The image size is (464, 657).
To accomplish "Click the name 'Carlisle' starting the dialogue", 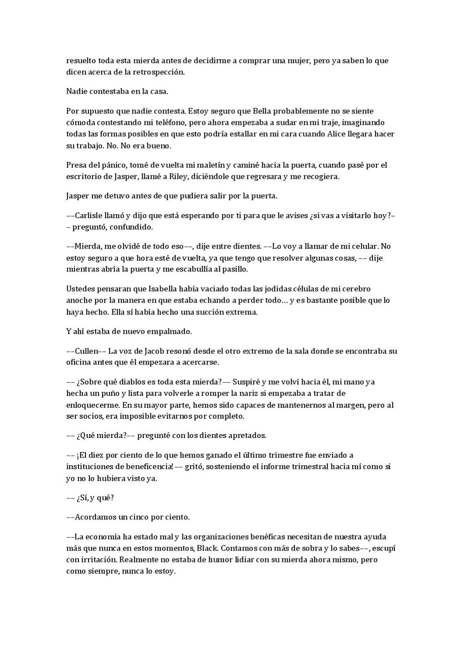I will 89,215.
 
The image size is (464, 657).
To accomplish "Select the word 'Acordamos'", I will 95,517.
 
